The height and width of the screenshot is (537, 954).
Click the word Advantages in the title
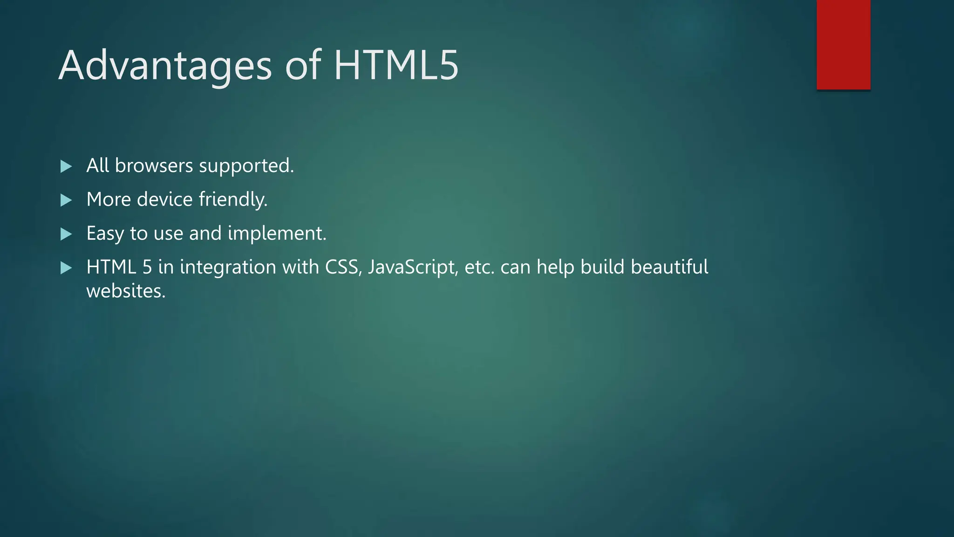point(165,66)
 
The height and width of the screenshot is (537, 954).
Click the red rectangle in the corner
point(843,45)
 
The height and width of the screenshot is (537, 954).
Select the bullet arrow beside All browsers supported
point(66,166)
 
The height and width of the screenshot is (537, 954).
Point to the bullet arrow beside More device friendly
point(66,200)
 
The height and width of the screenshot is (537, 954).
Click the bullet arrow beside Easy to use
point(66,234)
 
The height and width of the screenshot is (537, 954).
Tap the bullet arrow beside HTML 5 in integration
point(66,268)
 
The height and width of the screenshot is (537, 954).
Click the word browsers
point(154,166)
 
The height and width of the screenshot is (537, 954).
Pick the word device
point(165,200)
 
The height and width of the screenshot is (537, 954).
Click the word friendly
point(233,200)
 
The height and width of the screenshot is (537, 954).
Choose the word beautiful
point(669,267)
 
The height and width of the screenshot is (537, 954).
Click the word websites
point(126,291)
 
